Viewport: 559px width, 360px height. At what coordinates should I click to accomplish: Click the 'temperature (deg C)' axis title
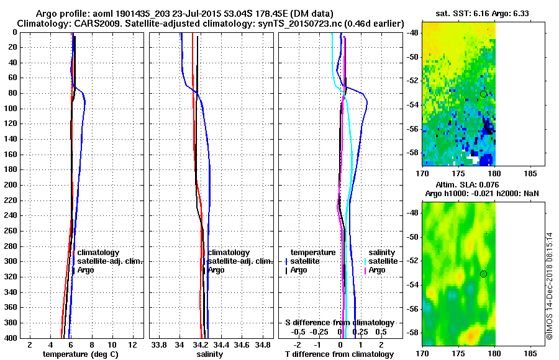click(80, 354)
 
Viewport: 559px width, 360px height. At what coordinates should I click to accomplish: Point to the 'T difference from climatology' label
click(339, 354)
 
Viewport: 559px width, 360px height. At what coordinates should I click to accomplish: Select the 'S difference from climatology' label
click(339, 323)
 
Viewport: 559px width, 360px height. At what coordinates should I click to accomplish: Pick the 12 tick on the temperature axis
click(132, 344)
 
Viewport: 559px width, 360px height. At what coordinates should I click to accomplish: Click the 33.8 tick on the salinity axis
click(160, 344)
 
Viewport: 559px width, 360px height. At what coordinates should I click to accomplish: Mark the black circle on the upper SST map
click(483, 94)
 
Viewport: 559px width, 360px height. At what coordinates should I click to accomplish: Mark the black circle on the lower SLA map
click(483, 274)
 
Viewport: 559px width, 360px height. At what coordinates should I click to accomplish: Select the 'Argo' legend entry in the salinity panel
click(216, 270)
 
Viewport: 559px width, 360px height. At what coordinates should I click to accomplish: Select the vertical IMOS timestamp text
click(549, 286)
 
